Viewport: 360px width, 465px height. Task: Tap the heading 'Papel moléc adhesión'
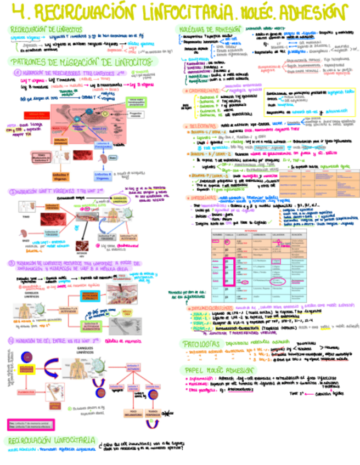218,370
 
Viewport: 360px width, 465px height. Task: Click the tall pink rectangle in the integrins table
232,269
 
